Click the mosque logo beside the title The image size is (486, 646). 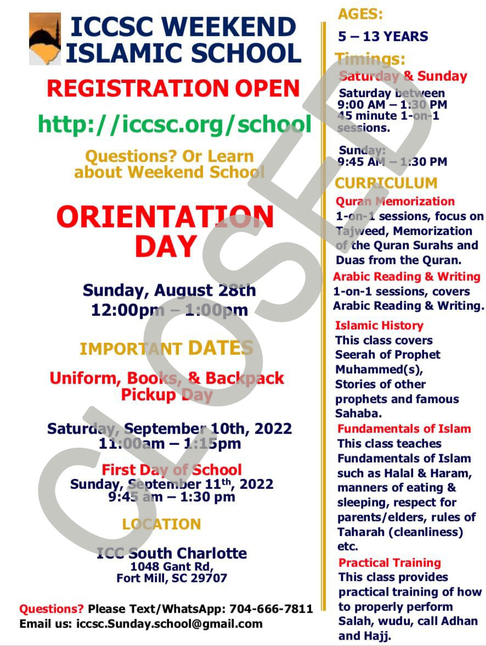[44, 39]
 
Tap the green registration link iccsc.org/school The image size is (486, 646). [174, 124]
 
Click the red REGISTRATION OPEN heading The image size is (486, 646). [173, 88]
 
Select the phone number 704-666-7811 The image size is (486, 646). [271, 609]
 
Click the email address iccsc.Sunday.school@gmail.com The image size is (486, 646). [169, 623]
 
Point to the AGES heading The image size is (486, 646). [360, 14]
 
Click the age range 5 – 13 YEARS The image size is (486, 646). [383, 37]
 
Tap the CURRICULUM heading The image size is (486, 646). [386, 183]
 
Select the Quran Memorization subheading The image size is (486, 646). [395, 202]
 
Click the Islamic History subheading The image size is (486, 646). [379, 326]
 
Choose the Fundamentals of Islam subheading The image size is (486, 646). [404, 429]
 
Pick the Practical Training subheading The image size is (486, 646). [389, 563]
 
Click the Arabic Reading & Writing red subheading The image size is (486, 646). [406, 277]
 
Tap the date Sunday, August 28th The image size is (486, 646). [169, 290]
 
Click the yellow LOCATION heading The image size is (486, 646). [161, 524]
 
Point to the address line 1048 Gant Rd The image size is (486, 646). [172, 566]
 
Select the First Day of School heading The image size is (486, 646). [172, 470]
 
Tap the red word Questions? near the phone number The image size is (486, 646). [52, 609]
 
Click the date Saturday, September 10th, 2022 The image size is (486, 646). [169, 428]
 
